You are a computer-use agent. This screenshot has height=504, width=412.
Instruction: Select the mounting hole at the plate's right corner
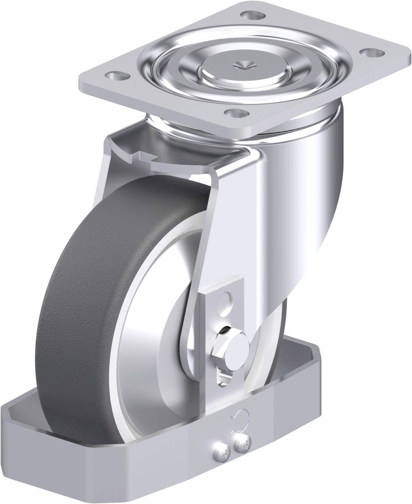click(x=371, y=52)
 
